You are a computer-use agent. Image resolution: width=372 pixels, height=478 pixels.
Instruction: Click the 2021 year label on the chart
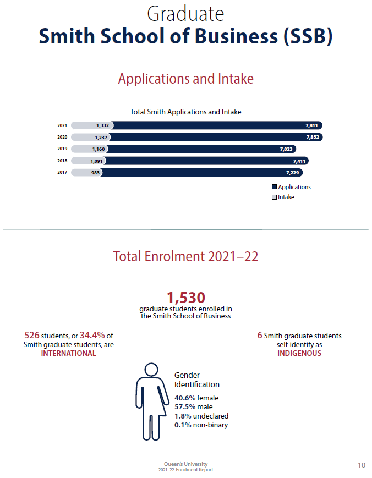62,125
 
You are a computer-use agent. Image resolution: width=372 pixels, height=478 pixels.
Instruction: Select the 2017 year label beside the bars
62,173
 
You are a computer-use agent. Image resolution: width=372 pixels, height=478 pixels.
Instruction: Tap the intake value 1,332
102,125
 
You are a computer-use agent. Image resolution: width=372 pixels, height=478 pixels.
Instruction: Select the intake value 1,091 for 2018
97,161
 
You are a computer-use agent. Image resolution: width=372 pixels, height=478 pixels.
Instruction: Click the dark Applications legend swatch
274,187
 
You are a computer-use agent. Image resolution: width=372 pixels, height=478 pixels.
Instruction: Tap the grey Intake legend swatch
274,197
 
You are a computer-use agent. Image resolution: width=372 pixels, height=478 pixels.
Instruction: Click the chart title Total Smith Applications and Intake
185,112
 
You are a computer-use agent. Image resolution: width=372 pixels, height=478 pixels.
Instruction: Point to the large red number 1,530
186,298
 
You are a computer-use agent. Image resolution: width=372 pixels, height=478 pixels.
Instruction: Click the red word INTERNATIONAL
68,353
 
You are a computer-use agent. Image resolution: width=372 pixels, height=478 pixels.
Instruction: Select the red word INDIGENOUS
299,353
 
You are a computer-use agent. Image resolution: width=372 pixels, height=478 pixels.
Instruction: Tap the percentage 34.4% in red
92,336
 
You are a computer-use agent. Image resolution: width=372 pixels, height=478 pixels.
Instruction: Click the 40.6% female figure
196,398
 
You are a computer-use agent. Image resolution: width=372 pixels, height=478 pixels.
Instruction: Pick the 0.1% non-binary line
201,425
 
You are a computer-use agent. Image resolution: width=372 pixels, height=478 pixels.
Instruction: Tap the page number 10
362,465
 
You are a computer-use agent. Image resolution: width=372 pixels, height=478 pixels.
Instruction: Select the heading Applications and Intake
186,79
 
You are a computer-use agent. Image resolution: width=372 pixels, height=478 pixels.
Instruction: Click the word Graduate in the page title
186,13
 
